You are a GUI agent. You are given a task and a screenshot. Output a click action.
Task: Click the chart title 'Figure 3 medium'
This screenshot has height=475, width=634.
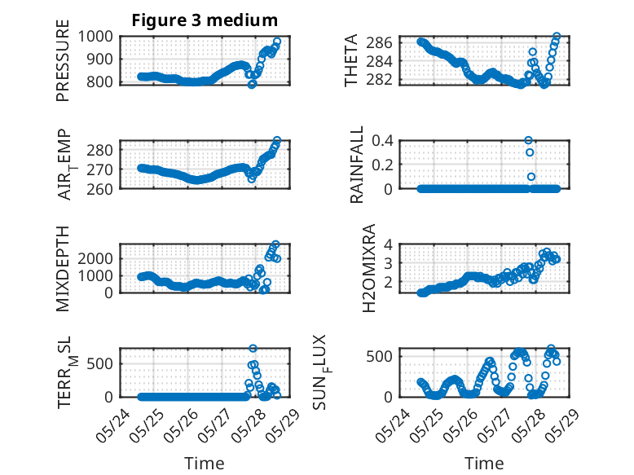coord(205,20)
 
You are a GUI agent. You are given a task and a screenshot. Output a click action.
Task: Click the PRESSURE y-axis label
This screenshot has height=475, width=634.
coord(63,60)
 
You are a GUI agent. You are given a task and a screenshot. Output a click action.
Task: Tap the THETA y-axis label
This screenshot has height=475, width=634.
coord(351,60)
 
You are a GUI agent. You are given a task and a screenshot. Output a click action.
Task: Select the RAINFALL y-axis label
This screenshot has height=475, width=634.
coord(357,165)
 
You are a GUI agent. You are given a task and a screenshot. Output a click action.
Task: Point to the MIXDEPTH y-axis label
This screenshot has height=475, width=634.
coord(63,269)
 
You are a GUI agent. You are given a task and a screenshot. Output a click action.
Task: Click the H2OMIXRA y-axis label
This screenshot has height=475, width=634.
coord(369,268)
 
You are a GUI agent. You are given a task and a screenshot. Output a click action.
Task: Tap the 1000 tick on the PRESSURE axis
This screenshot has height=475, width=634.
coord(95,37)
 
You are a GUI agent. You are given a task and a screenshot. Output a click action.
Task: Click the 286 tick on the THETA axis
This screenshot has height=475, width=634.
coord(379,42)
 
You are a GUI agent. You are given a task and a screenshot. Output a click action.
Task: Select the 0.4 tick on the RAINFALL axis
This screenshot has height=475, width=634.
coord(382,141)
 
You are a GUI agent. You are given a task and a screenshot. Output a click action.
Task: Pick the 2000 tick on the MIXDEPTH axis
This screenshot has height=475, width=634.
coord(95,258)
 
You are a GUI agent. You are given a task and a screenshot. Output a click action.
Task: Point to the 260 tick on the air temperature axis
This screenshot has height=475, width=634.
coord(100,189)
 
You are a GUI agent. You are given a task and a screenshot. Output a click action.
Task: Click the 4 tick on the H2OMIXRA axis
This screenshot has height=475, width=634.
coord(389,244)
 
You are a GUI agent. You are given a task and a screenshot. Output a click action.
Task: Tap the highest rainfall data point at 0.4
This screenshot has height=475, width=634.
coord(528,140)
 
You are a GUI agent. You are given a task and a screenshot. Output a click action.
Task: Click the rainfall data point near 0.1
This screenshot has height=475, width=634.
coord(531,177)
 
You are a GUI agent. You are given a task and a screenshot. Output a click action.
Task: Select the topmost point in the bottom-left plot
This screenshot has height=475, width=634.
coord(253,348)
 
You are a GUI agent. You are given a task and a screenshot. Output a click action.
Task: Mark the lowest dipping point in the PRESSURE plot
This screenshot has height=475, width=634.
coord(253,85)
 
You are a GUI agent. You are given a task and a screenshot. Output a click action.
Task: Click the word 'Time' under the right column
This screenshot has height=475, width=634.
coord(484,464)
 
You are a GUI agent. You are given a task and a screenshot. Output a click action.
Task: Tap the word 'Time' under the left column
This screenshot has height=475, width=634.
coord(205,464)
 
